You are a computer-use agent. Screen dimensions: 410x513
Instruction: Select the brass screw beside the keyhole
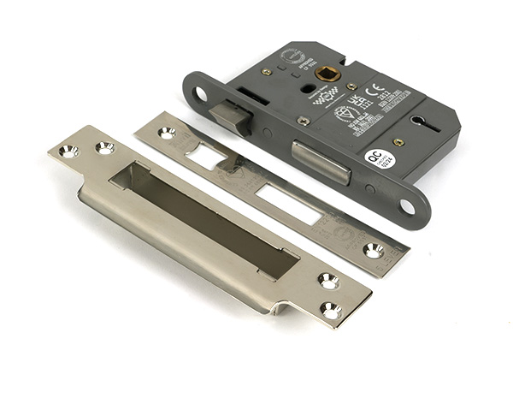398,141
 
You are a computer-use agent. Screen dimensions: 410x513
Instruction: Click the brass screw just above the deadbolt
304,121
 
